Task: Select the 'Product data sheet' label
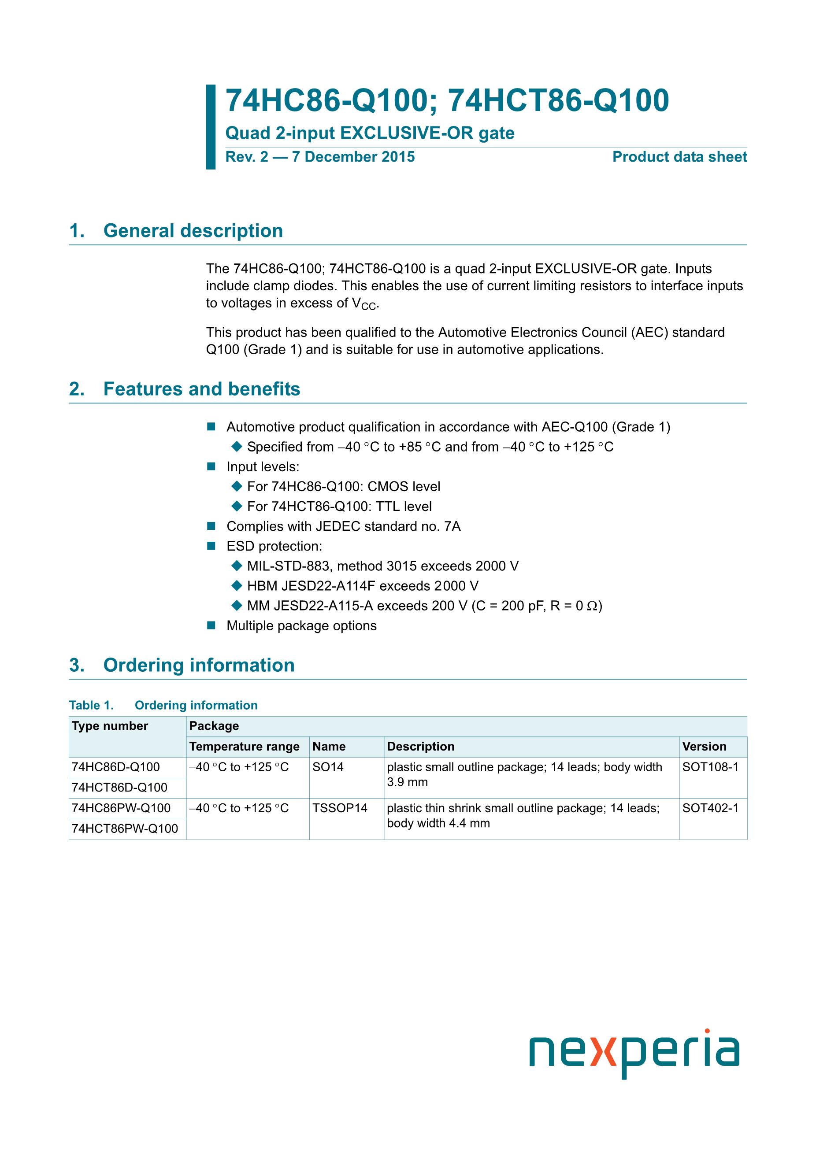679,157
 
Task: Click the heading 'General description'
193,231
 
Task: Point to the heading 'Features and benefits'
202,389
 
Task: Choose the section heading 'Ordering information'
199,665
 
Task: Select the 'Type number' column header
110,726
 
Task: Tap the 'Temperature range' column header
245,747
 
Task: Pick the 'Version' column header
704,747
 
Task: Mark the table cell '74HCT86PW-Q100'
125,829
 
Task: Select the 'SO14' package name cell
328,767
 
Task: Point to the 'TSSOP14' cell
340,808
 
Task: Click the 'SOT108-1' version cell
710,767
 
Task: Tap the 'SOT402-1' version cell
710,808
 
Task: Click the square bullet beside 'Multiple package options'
211,625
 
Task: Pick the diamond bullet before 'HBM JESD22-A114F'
236,585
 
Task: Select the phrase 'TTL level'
404,506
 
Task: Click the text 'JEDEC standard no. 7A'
388,526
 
